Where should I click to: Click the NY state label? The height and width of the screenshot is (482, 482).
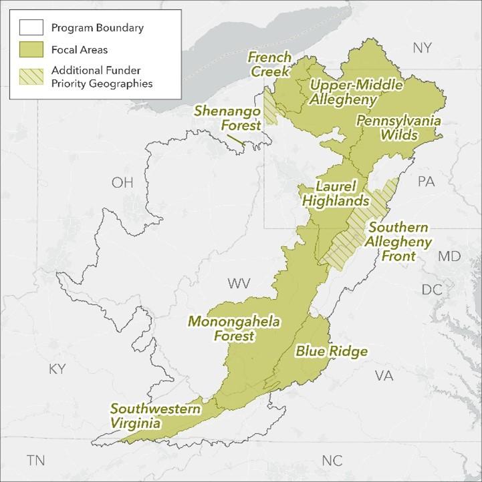pos(423,48)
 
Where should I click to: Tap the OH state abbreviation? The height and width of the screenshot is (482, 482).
pos(122,183)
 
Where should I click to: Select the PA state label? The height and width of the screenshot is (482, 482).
pos(426,182)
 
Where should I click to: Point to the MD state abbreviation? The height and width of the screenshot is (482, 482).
pos(449,256)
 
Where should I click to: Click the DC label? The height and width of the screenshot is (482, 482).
pos(433,289)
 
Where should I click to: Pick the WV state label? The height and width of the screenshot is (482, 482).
pos(239,284)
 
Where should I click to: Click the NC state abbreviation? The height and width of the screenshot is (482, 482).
pos(332,461)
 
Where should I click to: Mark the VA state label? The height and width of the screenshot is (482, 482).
pos(384,376)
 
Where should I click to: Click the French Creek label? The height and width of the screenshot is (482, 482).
pos(269,64)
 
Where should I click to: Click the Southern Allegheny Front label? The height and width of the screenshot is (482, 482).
pos(399,242)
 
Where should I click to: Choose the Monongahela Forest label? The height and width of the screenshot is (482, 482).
pos(234,329)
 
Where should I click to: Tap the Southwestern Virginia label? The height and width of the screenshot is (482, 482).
pos(146,415)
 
